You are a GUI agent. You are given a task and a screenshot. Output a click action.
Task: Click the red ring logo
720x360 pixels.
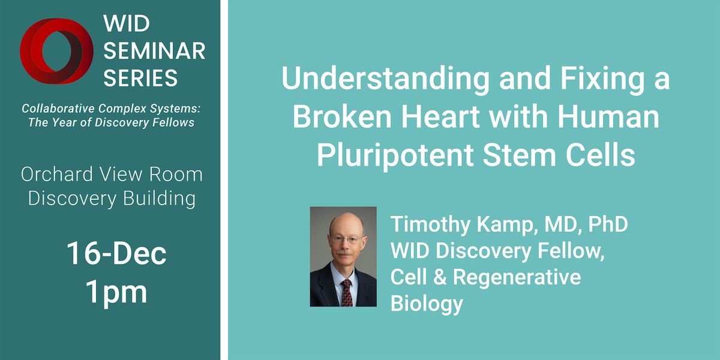point(58,52)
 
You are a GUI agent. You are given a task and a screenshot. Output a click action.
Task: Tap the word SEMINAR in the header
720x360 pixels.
point(155,51)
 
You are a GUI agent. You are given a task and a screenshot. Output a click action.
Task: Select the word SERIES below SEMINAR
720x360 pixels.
point(141,77)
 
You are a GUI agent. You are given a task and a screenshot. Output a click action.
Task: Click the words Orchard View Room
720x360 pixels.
point(112,175)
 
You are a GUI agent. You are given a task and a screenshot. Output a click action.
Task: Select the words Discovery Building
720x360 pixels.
point(112,199)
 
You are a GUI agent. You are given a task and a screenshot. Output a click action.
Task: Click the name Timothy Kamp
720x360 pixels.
point(459,224)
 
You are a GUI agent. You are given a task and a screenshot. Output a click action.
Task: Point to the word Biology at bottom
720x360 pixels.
point(427,304)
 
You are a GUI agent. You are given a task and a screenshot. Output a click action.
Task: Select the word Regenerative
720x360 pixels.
point(517,277)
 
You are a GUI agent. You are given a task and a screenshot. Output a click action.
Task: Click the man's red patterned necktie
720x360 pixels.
point(347,292)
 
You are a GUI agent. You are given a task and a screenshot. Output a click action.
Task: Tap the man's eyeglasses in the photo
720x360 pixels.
point(344,239)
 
